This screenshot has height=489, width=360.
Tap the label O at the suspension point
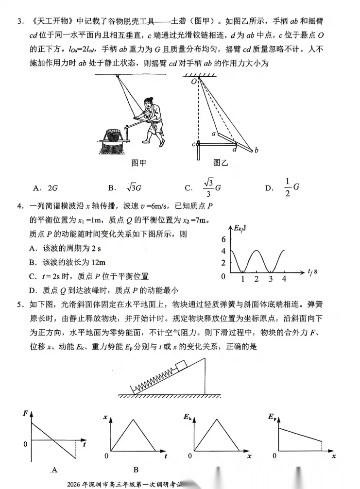193,82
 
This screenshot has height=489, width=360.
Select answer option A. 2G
46,187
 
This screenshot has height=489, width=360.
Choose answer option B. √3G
124,187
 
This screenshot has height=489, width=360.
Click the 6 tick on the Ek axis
223,239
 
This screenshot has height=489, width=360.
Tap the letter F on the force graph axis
25,414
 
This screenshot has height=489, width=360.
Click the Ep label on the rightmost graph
272,417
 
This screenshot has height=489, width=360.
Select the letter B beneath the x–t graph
136,470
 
